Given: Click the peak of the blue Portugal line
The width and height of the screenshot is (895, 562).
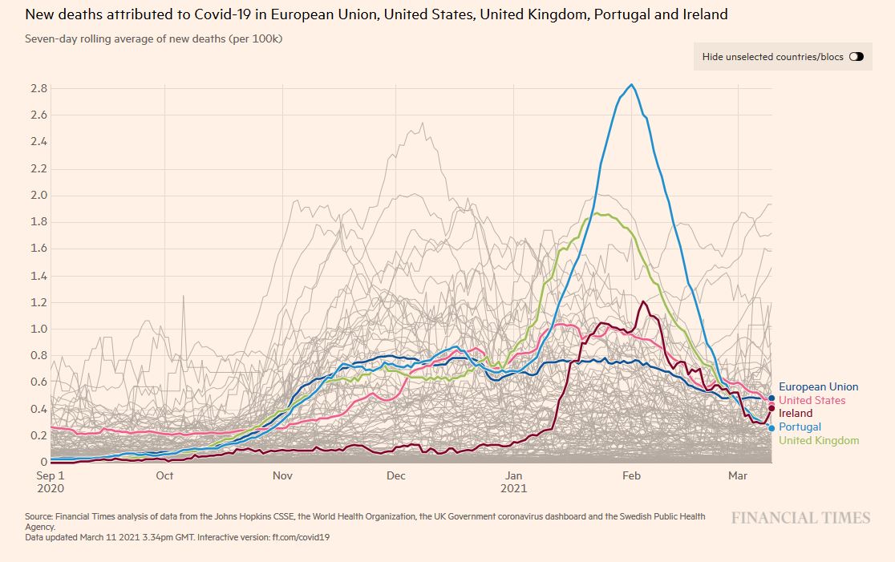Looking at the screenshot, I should pyautogui.click(x=632, y=85).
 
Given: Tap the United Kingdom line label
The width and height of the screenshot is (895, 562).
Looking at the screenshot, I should pyautogui.click(x=818, y=440).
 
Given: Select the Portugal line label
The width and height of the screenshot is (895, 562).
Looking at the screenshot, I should pyautogui.click(x=800, y=427).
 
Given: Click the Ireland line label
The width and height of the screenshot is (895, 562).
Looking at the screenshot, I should pyautogui.click(x=796, y=414).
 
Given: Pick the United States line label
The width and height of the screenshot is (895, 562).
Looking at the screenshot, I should pyautogui.click(x=812, y=400).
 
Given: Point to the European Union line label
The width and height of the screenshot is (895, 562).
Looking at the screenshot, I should pyautogui.click(x=818, y=386).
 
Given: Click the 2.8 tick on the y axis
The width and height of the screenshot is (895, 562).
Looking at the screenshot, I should pyautogui.click(x=39, y=88).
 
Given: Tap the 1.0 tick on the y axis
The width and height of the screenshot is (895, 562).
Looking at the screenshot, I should pyautogui.click(x=39, y=329).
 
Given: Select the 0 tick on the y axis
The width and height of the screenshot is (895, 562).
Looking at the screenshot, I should pyautogui.click(x=43, y=462).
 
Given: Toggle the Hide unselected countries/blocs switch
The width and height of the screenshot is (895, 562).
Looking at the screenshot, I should pyautogui.click(x=856, y=57).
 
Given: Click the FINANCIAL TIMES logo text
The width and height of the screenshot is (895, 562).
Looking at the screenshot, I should pyautogui.click(x=800, y=518).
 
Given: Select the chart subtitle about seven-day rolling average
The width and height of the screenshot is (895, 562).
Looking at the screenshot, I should pyautogui.click(x=153, y=38).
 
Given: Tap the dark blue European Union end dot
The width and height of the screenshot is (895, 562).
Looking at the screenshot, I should pyautogui.click(x=771, y=398).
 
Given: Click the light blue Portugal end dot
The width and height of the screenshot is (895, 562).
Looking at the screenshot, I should pyautogui.click(x=771, y=428).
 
